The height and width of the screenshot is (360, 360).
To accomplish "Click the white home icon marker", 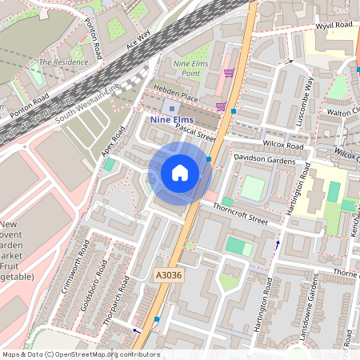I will (x=180, y=172).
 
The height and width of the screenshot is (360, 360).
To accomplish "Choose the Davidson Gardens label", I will (x=264, y=161).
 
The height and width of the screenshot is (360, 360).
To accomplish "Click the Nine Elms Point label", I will (x=191, y=69).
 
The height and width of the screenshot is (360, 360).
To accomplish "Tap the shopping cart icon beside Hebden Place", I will (x=221, y=106).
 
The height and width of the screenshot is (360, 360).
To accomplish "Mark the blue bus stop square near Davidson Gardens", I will (x=209, y=159).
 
